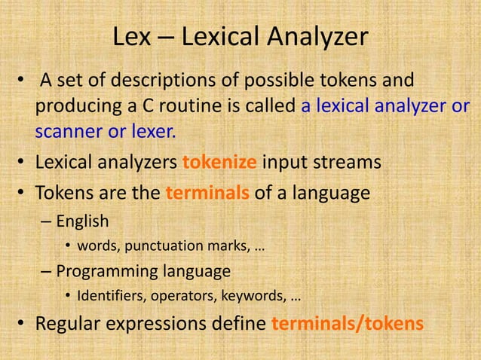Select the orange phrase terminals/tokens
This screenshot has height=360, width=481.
(x=348, y=324)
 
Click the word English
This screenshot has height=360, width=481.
(x=82, y=221)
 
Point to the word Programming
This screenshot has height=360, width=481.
(x=106, y=270)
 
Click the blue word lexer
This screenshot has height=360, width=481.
(x=154, y=133)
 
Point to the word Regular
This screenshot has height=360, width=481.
(x=69, y=324)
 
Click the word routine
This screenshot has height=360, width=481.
(x=190, y=106)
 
